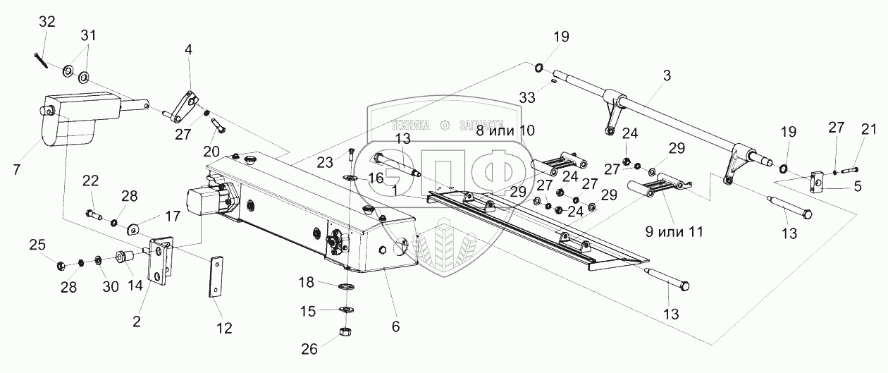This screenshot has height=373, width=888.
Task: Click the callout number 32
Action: click(47, 22)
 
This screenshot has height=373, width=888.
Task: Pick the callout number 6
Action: click(395, 326)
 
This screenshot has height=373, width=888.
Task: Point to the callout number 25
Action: click(37, 245)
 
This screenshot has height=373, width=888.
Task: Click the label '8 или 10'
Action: click(506, 130)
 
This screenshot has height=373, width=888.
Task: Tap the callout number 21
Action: click(869, 128)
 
